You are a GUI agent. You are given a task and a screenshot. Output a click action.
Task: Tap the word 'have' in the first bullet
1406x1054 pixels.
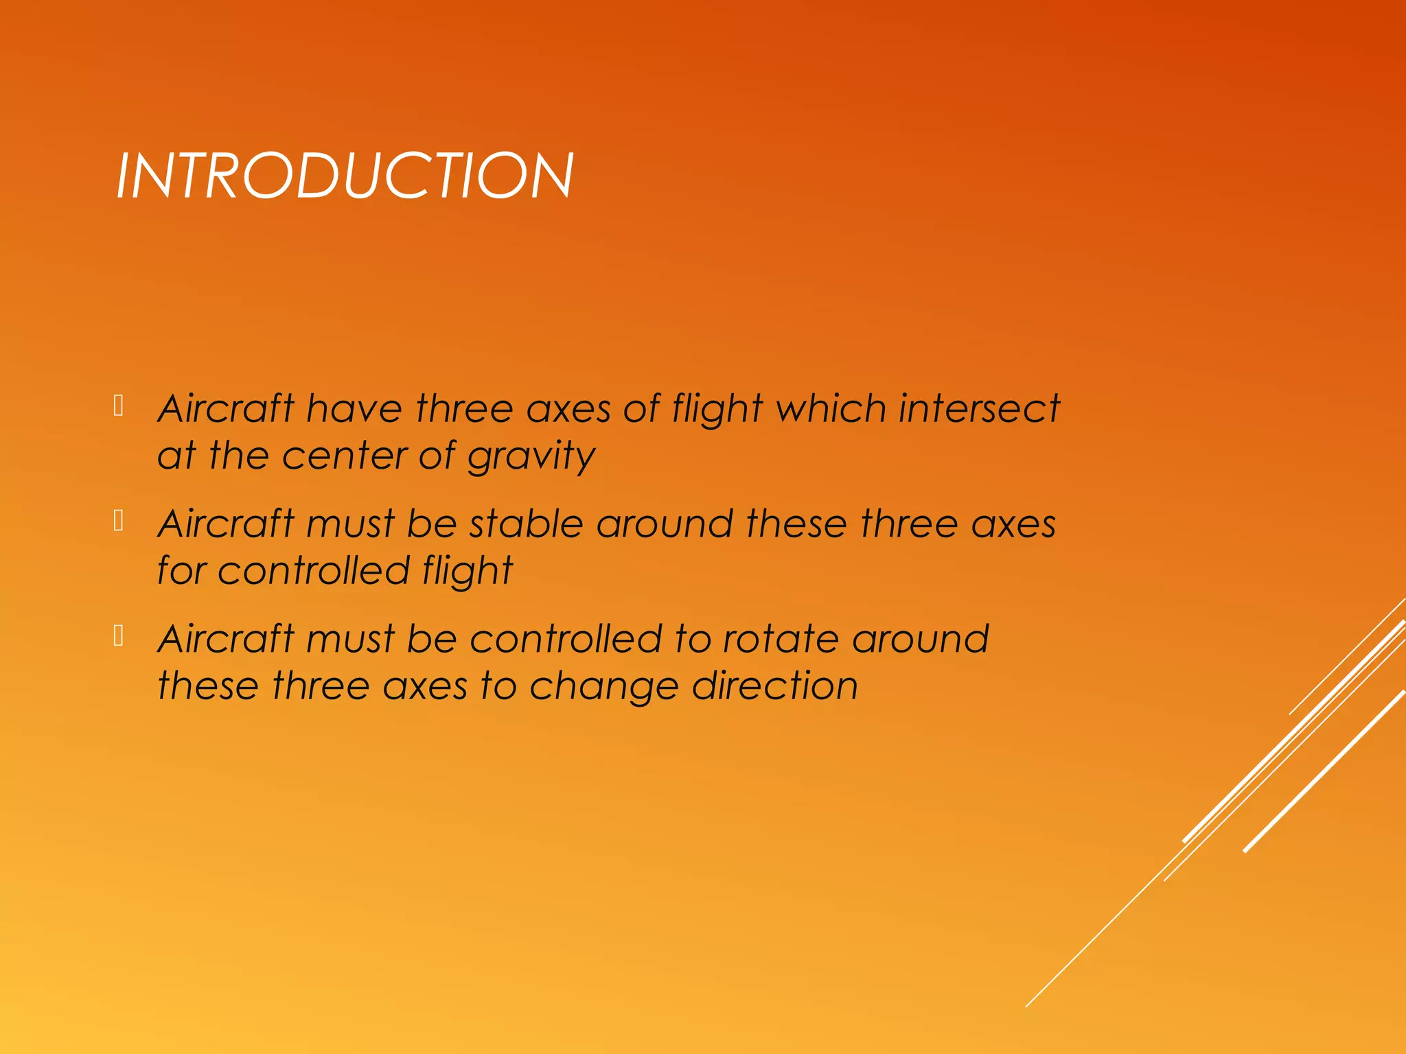click(354, 409)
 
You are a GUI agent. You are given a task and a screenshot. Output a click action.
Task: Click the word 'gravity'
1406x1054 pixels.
click(531, 457)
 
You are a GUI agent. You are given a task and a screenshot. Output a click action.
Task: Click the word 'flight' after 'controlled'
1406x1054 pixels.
click(468, 571)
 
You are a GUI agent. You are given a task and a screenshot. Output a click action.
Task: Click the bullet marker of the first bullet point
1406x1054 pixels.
click(118, 406)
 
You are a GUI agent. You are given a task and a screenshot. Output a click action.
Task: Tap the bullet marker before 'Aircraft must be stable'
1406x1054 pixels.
click(118, 522)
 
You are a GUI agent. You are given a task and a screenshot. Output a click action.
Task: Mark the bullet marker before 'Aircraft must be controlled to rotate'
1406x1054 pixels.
click(118, 637)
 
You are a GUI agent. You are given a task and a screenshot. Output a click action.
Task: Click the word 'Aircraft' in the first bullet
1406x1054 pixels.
click(226, 409)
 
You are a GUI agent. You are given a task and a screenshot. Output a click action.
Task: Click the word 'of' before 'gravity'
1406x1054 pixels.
click(438, 457)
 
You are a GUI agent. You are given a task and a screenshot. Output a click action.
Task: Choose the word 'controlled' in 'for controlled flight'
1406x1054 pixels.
click(313, 571)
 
